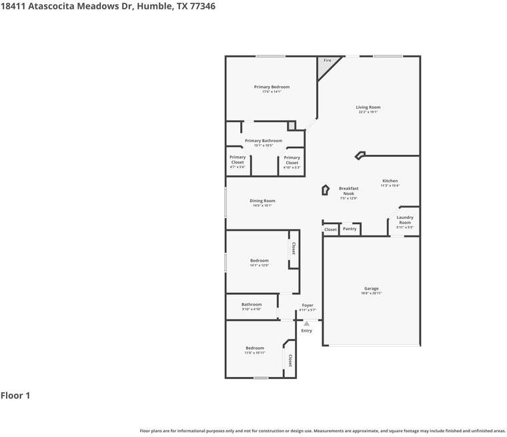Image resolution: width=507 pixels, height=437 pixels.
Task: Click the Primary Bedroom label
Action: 272,87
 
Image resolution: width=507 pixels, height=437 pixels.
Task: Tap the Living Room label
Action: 368,107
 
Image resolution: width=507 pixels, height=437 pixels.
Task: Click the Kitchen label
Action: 390,181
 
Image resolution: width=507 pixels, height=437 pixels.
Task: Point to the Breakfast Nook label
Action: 348,191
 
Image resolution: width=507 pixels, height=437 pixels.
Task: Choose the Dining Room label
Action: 262,201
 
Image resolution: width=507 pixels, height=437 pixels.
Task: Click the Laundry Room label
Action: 405,220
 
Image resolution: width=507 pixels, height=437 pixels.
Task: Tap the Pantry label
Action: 350,229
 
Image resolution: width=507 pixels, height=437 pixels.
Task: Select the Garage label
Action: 372,288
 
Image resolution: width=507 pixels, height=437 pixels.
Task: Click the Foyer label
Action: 308,305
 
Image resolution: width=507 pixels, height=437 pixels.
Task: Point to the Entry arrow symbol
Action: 307,324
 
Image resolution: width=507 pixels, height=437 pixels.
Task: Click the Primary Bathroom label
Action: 264,141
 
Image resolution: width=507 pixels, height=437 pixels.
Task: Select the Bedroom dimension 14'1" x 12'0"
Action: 260,266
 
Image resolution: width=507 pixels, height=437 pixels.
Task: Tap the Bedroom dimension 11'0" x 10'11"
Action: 255,352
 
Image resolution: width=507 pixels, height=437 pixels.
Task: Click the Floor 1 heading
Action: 15,396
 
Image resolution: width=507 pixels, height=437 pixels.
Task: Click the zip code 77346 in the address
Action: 201,6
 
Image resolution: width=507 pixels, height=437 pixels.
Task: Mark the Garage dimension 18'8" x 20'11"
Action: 372,294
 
